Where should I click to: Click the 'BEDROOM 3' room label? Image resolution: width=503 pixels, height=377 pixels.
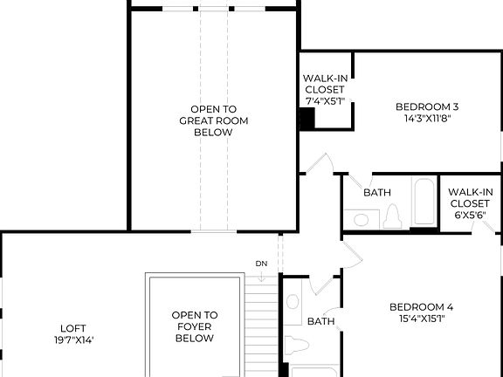point(427,107)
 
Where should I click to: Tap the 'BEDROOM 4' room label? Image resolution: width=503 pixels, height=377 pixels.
point(421,307)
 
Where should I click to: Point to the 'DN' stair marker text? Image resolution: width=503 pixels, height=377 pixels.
point(261,264)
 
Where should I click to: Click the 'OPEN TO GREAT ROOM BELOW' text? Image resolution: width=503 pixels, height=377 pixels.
point(207,120)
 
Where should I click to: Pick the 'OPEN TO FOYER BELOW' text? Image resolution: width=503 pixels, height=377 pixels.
point(194,326)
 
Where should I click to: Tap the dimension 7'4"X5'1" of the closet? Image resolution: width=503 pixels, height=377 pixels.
point(325,101)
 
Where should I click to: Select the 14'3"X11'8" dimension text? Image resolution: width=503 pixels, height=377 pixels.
point(427,120)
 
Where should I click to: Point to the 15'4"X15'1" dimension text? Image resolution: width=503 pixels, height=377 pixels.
point(421,319)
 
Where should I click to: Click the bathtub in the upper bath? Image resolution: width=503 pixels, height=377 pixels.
point(424,203)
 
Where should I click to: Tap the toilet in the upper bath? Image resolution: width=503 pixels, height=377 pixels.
point(391,216)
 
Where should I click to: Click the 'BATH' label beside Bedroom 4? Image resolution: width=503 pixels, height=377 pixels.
point(321,321)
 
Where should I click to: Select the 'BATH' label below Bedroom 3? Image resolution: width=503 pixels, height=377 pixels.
point(377,193)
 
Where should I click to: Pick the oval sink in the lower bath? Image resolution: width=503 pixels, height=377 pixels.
point(293,303)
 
